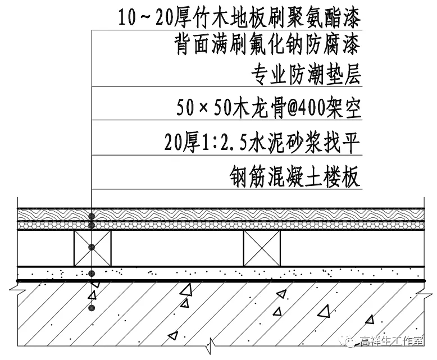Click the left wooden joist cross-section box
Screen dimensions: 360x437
[x=92, y=248]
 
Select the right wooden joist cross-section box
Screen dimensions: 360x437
[x=261, y=248]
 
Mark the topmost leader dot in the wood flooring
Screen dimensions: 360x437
[x=92, y=215]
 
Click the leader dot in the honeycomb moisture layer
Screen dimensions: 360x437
[x=92, y=225]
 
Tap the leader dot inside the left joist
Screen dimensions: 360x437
[x=92, y=247]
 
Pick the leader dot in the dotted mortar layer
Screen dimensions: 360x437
[x=92, y=274]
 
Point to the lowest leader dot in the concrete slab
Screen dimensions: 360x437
[x=92, y=308]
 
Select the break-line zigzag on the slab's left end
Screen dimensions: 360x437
[x=16, y=290]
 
